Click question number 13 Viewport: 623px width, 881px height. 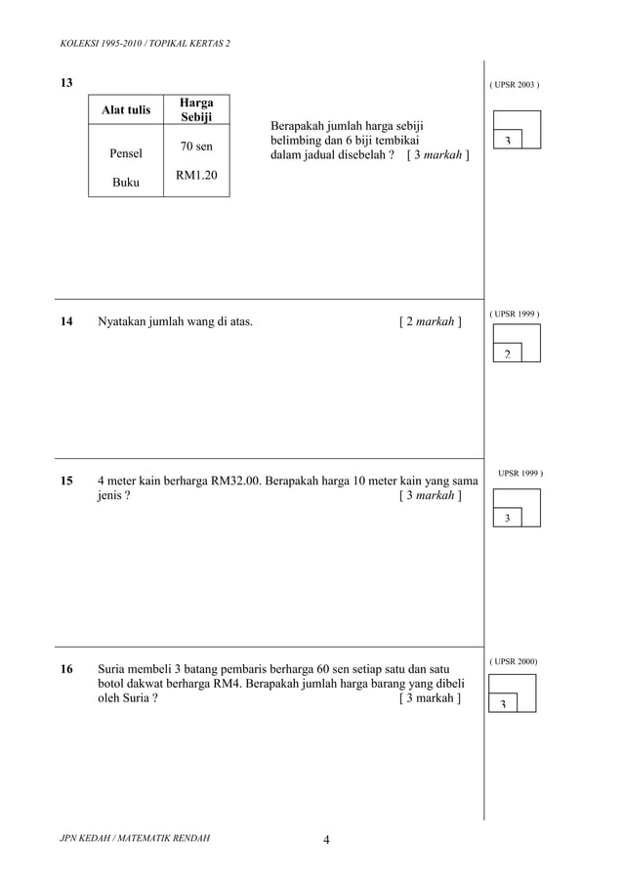tap(66, 83)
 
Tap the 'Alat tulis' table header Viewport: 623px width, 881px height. tap(126, 110)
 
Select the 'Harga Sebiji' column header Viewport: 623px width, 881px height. tap(196, 109)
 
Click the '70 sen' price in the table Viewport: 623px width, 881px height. tap(196, 147)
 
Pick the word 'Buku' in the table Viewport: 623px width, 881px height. tap(126, 183)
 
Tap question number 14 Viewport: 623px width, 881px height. tap(66, 319)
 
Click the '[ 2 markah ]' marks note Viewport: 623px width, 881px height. tap(431, 319)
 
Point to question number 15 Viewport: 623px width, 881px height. tap(66, 481)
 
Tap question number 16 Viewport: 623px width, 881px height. tap(66, 669)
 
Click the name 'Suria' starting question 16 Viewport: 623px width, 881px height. tap(114, 669)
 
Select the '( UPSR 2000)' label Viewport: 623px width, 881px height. tap(514, 661)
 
